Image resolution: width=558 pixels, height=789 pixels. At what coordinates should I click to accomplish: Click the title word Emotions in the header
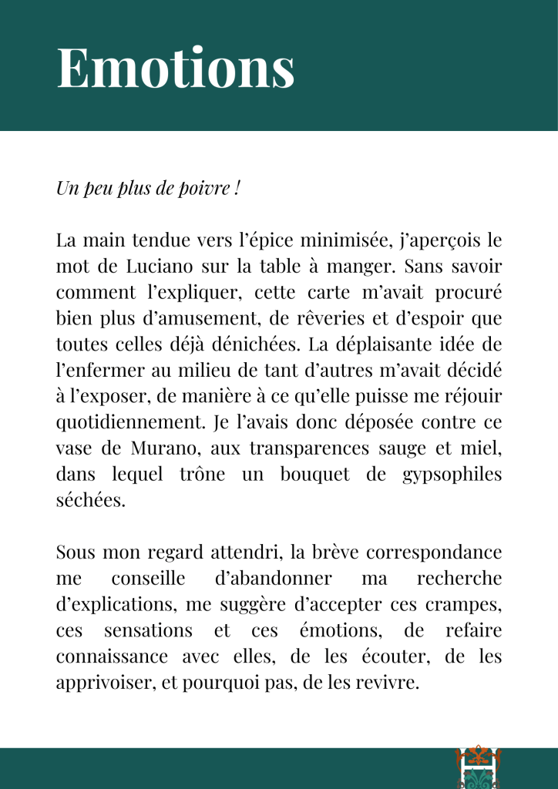click(176, 68)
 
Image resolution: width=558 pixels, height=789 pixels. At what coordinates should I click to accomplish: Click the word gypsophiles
click(452, 474)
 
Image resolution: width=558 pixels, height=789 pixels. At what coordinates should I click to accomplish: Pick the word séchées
click(89, 500)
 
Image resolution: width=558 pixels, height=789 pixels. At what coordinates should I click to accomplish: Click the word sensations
click(148, 630)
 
